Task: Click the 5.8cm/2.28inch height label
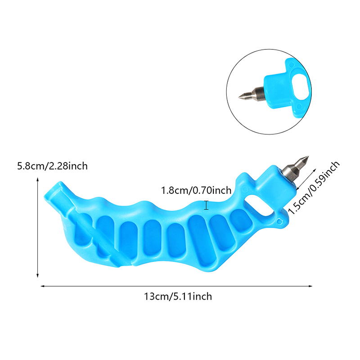tap(52, 166)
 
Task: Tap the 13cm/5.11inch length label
tap(178, 297)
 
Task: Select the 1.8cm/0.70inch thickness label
tap(196, 190)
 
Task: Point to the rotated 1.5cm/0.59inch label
tap(314, 188)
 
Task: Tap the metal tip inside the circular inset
tap(251, 94)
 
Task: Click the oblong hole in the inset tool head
tap(300, 87)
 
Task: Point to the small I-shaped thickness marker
tap(206, 205)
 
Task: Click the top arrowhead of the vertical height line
tap(38, 179)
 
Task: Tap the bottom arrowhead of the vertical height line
tap(38, 275)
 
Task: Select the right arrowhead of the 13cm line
tap(310, 286)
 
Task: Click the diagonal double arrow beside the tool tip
tap(306, 179)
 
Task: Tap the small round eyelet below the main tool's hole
tap(279, 221)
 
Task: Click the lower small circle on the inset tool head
tap(298, 107)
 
